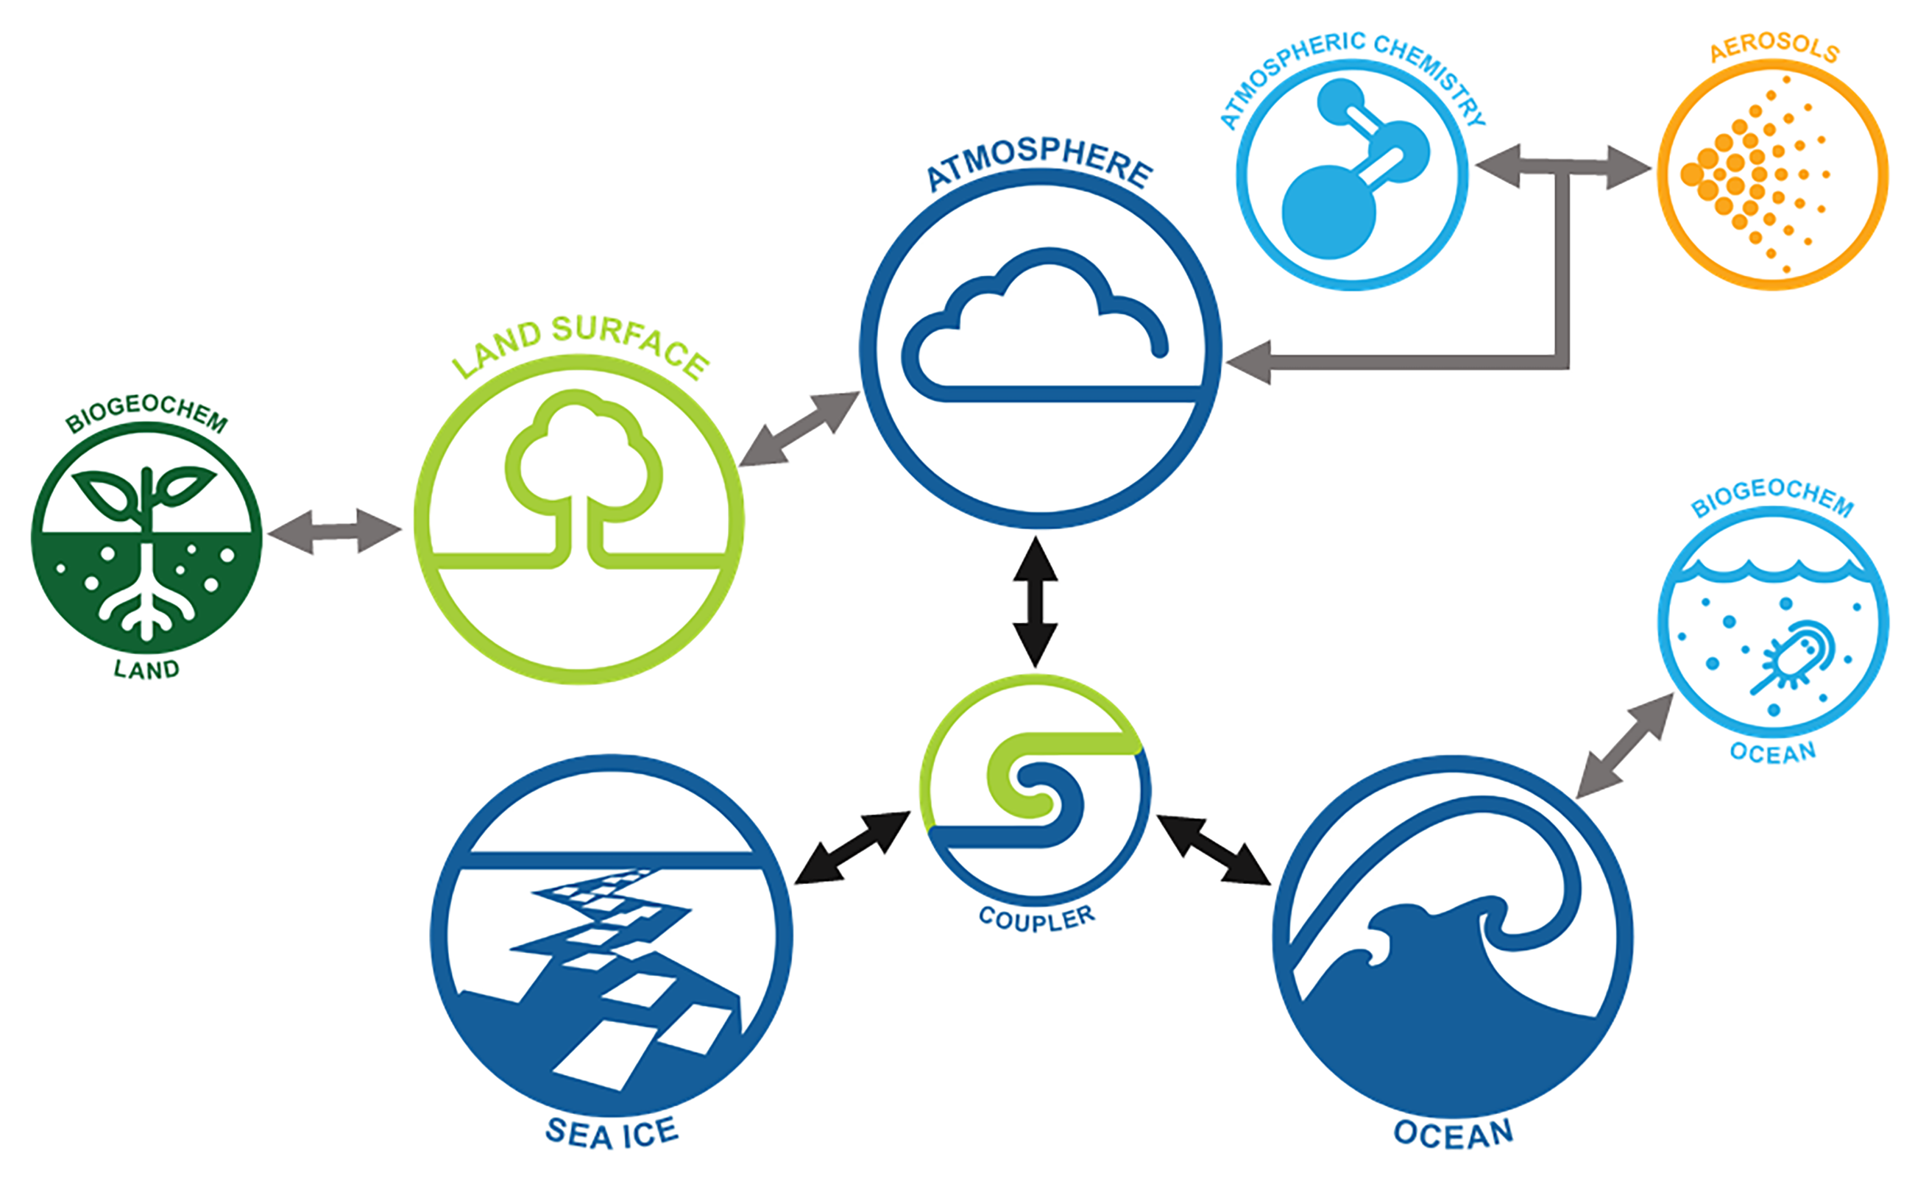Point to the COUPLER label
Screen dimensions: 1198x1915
[1036, 919]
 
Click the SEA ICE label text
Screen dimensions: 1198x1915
[612, 1133]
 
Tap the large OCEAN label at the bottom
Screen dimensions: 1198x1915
[1453, 1133]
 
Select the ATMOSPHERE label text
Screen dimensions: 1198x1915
[1038, 163]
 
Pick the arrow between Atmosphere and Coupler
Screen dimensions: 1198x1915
[1035, 602]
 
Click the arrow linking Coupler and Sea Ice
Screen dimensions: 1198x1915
[852, 848]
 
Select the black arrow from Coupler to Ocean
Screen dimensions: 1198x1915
[1213, 848]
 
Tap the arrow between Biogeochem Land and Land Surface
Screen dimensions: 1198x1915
[334, 531]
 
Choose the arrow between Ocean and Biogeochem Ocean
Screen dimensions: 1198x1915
[1624, 745]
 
